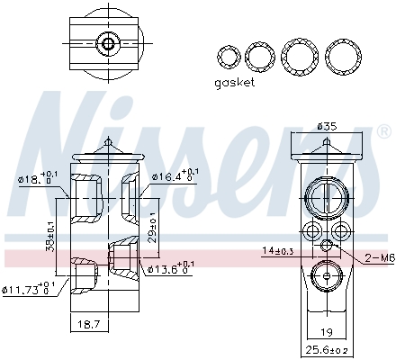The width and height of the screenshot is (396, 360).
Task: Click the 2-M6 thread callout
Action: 379,258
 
